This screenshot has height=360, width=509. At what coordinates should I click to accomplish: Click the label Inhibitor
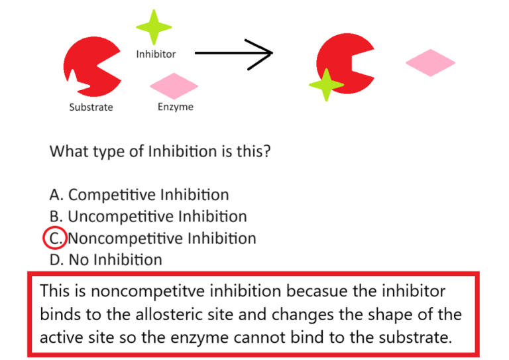156,54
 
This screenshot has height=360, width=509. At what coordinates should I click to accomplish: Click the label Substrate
91,107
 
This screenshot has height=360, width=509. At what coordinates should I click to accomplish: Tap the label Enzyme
176,106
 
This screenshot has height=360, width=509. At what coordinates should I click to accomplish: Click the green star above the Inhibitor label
154,27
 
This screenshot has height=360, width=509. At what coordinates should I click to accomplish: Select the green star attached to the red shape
325,85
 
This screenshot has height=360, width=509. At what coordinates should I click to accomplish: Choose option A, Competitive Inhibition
139,195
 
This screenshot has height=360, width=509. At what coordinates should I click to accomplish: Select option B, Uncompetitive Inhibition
148,216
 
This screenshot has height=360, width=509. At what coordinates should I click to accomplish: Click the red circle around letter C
54,237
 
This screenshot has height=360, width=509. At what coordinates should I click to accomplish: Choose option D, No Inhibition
105,259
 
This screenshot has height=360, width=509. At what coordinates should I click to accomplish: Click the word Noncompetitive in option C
125,237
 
